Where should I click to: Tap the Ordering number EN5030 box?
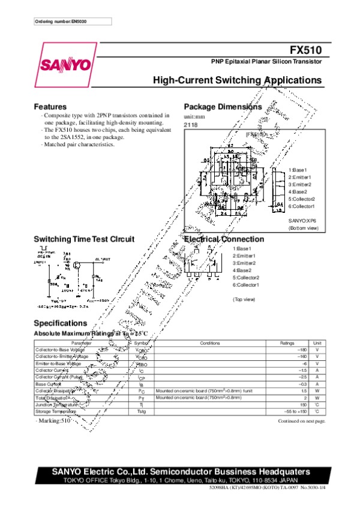click(73, 22)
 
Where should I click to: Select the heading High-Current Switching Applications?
click(238, 80)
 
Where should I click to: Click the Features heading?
click(50, 107)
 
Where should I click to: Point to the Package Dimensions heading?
click(223, 107)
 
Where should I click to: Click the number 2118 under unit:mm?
click(190, 124)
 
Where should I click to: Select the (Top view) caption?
click(244, 299)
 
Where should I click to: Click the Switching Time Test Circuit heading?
click(84, 239)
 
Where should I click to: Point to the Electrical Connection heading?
click(224, 239)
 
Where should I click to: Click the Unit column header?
click(317, 343)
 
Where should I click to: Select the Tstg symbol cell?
click(142, 411)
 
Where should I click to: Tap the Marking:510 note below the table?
click(53, 421)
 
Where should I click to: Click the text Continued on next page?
click(301, 421)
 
